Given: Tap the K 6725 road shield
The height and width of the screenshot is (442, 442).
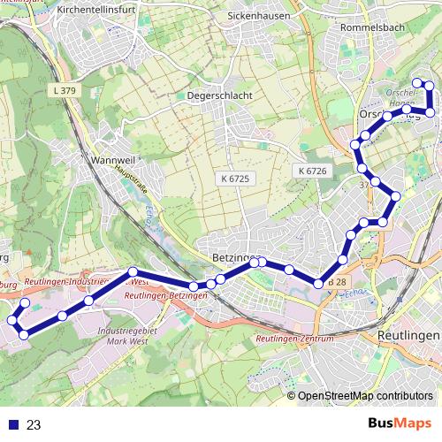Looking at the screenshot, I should (x=236, y=179).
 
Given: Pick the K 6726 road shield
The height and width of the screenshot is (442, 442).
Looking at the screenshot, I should (x=312, y=171).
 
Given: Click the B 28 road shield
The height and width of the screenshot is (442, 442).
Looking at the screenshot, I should (x=337, y=282).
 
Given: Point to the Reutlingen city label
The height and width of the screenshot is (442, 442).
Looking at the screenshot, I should (x=408, y=337).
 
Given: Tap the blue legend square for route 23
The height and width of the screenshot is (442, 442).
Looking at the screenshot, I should (x=13, y=424).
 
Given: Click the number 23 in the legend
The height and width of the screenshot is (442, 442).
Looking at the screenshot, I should (x=34, y=424).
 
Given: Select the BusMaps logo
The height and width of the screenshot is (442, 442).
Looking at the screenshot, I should (x=399, y=423).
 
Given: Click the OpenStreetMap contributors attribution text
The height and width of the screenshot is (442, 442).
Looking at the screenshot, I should (x=365, y=396).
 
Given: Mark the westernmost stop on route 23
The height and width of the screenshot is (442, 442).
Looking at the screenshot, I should (x=12, y=319).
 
